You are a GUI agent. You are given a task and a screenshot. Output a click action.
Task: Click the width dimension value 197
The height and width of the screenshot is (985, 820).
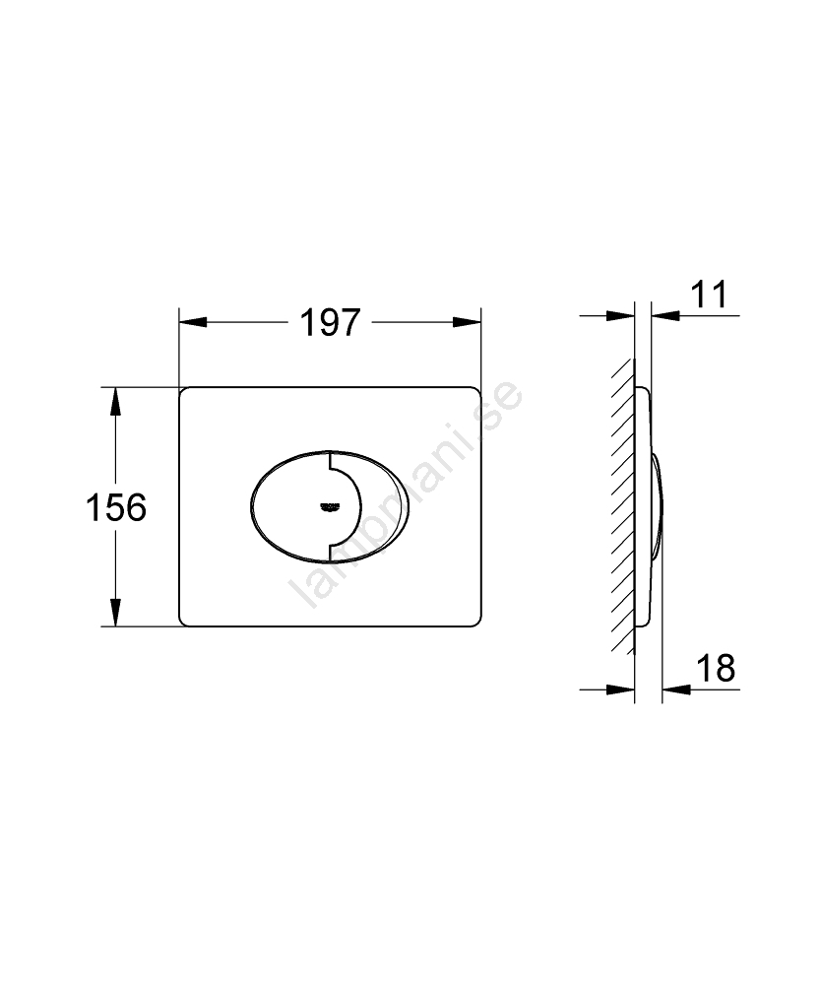(330, 322)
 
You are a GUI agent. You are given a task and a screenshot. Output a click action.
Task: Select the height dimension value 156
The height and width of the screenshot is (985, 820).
(116, 507)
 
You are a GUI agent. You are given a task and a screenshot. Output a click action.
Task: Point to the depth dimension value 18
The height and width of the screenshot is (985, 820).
(716, 668)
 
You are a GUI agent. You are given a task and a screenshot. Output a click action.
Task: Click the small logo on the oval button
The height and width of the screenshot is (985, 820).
(330, 506)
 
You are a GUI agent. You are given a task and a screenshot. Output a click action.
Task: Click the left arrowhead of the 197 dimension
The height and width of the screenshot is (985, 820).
(193, 322)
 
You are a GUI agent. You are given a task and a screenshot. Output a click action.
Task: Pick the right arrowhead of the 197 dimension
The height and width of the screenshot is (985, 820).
(468, 322)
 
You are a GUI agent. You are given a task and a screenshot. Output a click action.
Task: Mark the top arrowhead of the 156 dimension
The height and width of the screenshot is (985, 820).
(115, 402)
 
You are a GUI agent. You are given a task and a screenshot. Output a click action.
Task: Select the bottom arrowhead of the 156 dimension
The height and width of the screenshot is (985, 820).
(115, 613)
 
